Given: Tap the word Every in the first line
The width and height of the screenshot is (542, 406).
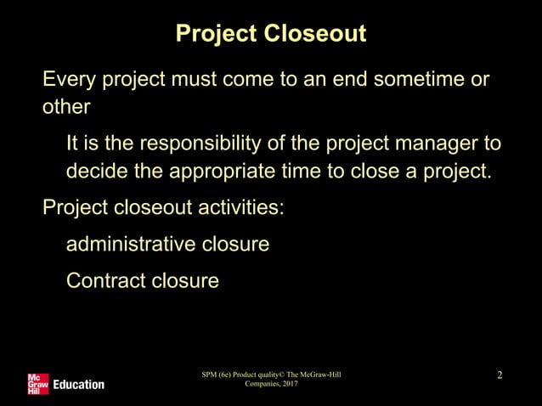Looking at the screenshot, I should click(70, 81).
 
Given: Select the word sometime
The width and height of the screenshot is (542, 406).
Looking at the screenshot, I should click(406, 81).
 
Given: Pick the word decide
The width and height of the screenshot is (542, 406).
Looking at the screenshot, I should click(97, 170).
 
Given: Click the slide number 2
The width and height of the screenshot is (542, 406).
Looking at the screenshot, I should click(500, 375).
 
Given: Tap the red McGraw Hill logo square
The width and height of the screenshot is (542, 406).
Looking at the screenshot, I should click(37, 383).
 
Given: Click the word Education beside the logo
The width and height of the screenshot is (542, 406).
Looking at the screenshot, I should click(79, 384).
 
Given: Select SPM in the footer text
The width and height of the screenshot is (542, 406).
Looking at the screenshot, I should click(208, 375).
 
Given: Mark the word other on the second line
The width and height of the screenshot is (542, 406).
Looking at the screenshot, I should click(66, 110).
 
